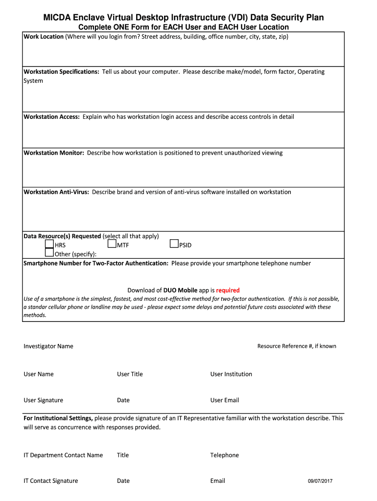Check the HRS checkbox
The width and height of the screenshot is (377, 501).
tap(49, 244)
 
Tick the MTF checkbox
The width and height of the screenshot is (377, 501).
tap(112, 244)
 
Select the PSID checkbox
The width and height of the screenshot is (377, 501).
tap(174, 244)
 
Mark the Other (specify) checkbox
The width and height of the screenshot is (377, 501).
tap(49, 253)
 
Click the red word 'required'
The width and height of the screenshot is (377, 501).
tap(228, 290)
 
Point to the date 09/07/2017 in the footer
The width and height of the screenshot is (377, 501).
tap(320, 481)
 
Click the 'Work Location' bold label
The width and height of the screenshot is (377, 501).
tap(44, 37)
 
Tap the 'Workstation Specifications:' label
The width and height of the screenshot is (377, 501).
tap(61, 72)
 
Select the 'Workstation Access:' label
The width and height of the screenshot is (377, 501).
tap(51, 117)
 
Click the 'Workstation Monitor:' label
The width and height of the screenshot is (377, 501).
tap(54, 153)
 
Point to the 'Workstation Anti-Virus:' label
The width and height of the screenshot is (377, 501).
tap(56, 192)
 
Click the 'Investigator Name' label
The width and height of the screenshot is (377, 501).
tap(48, 346)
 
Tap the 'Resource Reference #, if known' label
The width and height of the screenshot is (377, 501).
tap(297, 346)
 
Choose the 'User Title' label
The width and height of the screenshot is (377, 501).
tap(130, 374)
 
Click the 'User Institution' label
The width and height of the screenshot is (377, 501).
tap(231, 374)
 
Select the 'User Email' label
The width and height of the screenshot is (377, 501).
tap(225, 400)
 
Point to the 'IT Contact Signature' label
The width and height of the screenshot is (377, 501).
tap(51, 481)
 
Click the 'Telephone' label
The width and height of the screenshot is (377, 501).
tap(225, 455)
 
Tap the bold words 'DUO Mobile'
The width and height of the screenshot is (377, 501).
tap(181, 290)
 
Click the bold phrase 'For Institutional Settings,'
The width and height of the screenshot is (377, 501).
tap(58, 418)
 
